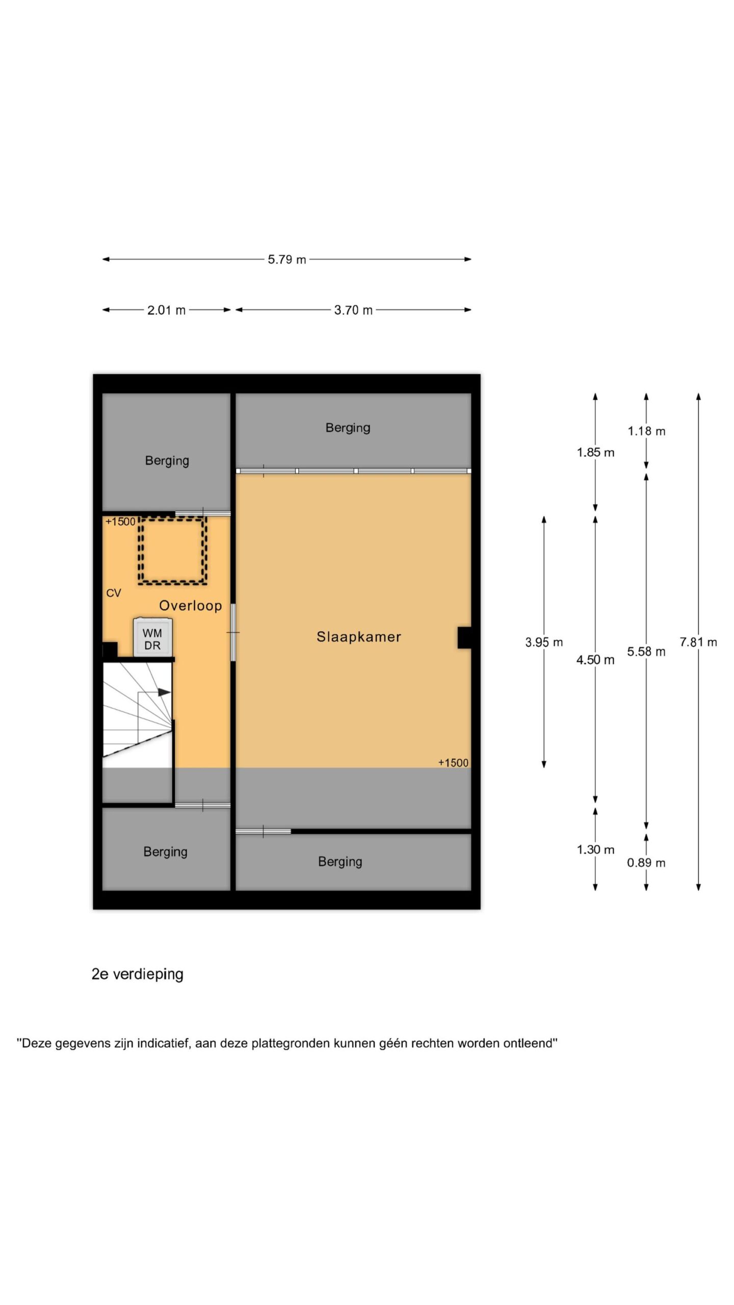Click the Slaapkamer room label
[x=359, y=637]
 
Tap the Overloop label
[x=191, y=606]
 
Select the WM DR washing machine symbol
[x=152, y=638]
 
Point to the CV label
[x=114, y=593]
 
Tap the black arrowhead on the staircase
[x=164, y=692]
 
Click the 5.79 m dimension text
[x=287, y=259]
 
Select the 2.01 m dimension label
[x=167, y=310]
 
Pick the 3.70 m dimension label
[x=353, y=310]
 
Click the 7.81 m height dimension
[x=698, y=642]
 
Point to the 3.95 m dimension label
[x=544, y=642]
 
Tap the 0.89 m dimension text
[x=646, y=863]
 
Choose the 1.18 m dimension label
[x=646, y=431]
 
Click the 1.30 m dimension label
[x=595, y=850]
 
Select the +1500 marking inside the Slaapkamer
[x=453, y=763]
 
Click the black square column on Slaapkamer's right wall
[x=464, y=638]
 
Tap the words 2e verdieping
[x=138, y=975]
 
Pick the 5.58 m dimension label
[x=646, y=651]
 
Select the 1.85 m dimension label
[x=595, y=452]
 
